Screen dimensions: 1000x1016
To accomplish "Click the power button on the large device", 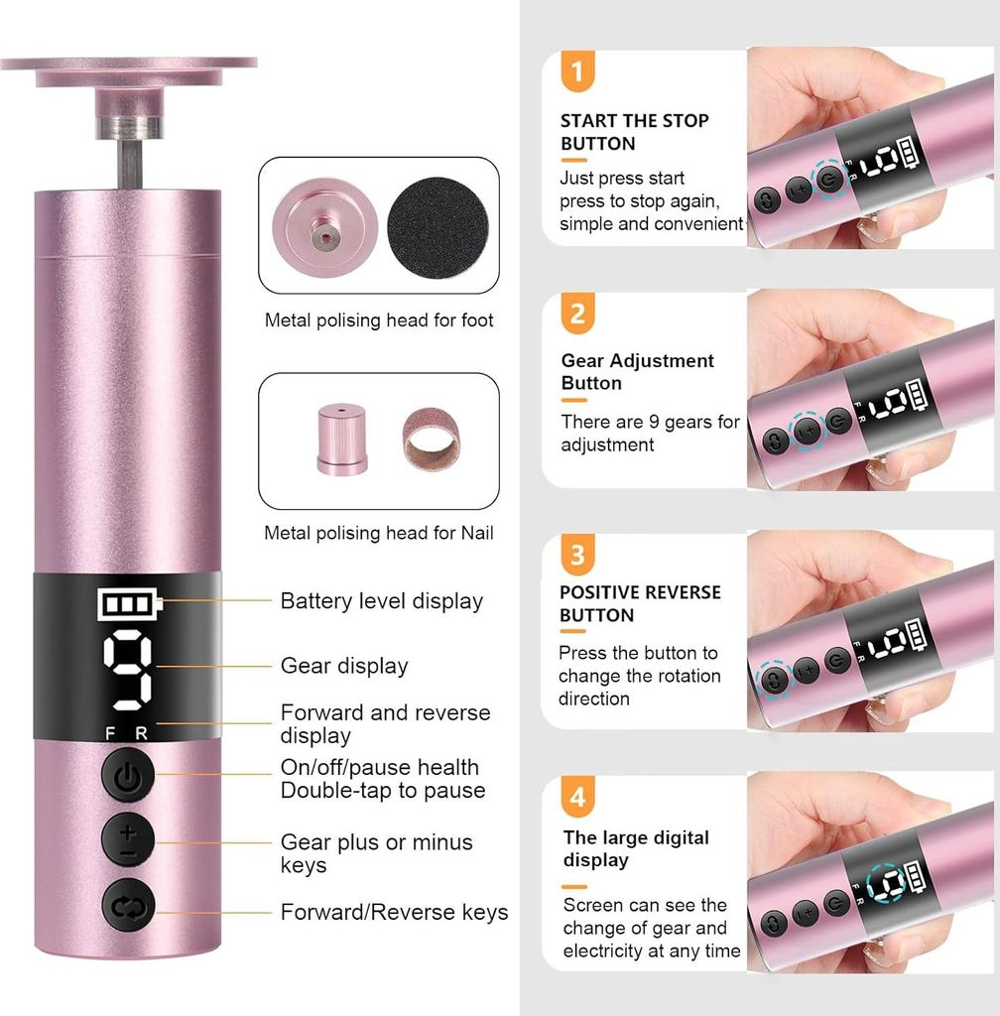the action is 128,774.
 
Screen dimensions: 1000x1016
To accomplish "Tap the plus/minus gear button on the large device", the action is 128,841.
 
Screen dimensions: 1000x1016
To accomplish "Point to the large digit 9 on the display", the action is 128,670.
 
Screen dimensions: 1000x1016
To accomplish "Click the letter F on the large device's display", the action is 110,733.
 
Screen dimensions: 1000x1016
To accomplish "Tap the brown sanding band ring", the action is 432,439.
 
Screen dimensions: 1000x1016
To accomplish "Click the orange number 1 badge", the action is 577,70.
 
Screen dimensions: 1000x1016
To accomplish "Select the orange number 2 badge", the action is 577,314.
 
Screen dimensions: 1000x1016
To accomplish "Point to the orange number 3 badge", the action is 577,556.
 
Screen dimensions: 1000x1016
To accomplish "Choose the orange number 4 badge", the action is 577,797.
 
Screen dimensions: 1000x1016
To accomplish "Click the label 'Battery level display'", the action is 382,601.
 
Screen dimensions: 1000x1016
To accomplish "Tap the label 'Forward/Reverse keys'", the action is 394,913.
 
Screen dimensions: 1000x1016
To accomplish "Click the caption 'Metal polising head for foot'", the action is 379,320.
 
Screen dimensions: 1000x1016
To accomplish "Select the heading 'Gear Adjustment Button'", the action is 637,372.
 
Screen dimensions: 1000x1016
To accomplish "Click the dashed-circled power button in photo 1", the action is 830,178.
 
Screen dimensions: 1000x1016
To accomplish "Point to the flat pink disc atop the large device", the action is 129,71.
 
